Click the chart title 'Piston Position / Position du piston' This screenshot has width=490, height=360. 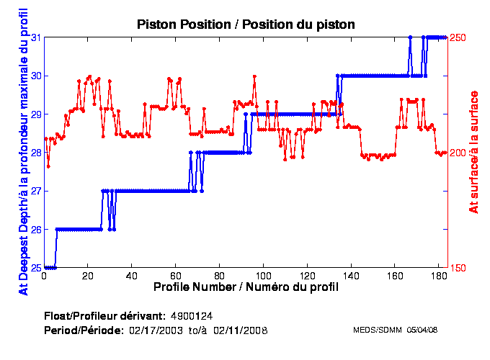point(246,24)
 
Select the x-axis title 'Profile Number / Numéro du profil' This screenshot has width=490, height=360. point(246,287)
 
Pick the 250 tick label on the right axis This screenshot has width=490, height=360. point(458,37)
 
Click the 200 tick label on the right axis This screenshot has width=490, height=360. point(458,153)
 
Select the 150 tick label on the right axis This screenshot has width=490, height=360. point(458,268)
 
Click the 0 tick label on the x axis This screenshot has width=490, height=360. point(45,276)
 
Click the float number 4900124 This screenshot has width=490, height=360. point(191,315)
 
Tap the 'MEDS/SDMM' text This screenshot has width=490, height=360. point(371,330)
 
